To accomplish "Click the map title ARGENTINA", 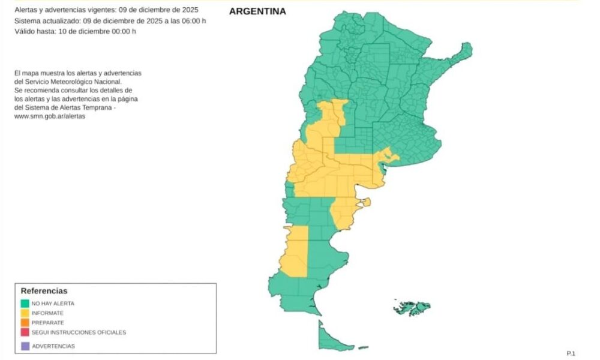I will (257, 11).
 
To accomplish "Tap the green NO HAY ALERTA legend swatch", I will (25, 304).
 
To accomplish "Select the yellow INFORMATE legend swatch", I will (25, 313).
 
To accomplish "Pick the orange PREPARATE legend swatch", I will (25, 323).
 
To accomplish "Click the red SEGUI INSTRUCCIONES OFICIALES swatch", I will (25, 332).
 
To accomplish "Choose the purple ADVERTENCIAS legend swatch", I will (25, 346).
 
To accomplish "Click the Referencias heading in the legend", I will (44, 291).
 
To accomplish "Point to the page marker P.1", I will (571, 353).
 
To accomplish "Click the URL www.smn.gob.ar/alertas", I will (49, 116).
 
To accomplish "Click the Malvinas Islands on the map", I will (412, 308).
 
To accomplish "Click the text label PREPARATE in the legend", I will (48, 323).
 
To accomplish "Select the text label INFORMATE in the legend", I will (47, 313).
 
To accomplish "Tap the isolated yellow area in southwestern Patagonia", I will (293, 252).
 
